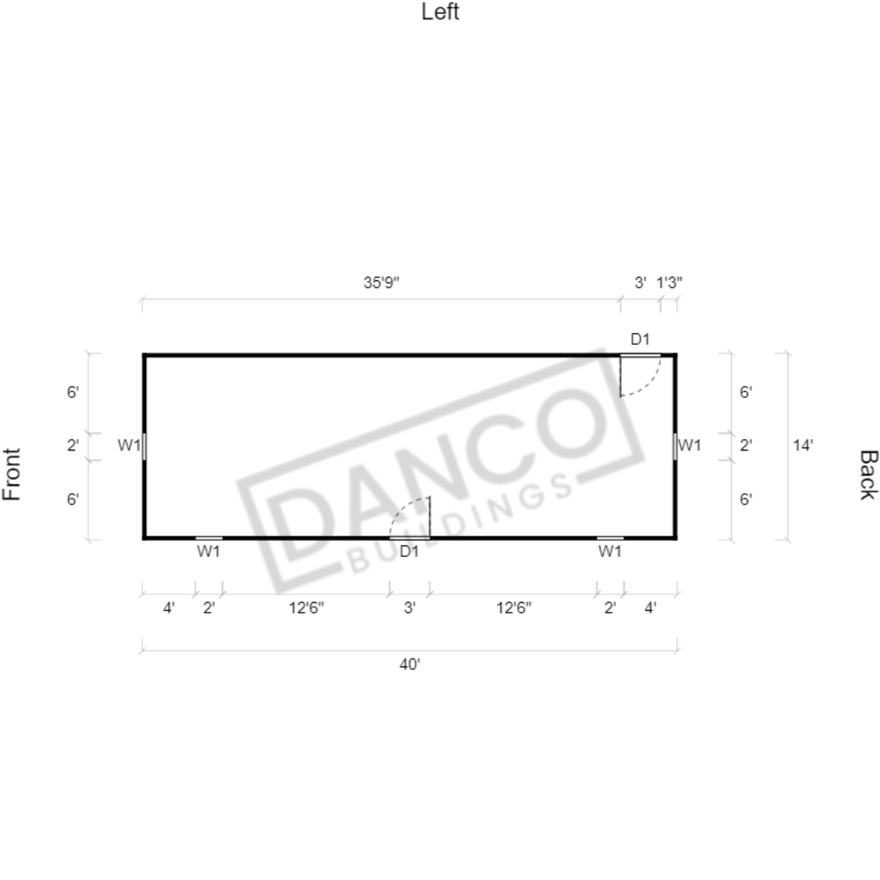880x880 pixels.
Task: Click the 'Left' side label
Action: click(x=440, y=12)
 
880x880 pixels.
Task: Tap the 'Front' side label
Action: click(x=12, y=474)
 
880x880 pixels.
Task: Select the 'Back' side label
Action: click(x=868, y=474)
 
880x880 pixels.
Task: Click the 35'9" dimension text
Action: click(x=381, y=283)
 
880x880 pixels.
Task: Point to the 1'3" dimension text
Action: click(x=669, y=283)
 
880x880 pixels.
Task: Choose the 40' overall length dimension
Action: click(x=410, y=664)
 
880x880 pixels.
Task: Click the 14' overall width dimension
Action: click(x=802, y=446)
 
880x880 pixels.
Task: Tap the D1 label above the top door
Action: click(x=640, y=339)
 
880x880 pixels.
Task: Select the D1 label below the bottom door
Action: click(x=409, y=551)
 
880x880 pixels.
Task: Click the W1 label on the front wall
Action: click(x=128, y=446)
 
